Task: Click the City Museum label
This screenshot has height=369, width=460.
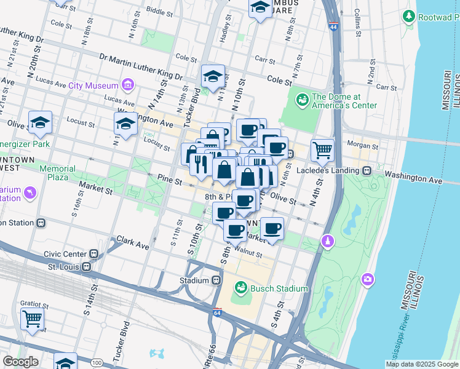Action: [93, 85]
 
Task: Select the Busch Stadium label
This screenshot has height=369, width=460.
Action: [279, 288]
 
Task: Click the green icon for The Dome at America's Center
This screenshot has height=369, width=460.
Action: [302, 99]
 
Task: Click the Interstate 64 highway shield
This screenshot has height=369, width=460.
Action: [217, 312]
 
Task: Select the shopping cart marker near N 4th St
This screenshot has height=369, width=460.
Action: [322, 149]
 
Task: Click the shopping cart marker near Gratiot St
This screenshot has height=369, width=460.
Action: [32, 319]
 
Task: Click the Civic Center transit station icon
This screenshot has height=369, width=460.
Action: [94, 253]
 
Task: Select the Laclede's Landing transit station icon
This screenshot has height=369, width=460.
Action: [367, 170]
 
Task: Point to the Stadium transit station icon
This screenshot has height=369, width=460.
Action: [216, 280]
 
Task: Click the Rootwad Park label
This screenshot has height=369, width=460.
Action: [438, 17]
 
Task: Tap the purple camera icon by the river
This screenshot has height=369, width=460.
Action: [368, 279]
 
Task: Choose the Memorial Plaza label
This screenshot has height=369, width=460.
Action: [58, 173]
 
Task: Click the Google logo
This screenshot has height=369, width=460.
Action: [20, 362]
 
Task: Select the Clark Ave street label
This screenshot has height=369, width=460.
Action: [133, 244]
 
